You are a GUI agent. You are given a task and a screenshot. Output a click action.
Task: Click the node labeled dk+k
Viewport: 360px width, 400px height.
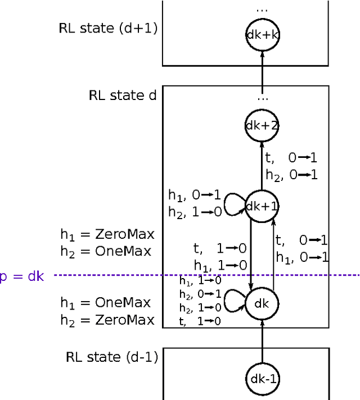pos(262,34)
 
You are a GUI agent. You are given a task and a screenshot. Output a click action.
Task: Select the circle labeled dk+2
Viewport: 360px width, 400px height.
pos(262,126)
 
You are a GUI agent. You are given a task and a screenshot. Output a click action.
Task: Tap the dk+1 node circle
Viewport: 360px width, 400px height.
pos(262,206)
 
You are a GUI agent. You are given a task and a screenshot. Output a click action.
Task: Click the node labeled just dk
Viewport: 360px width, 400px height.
pos(262,303)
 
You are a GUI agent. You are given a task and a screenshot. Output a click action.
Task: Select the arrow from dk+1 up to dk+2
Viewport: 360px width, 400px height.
pos(262,166)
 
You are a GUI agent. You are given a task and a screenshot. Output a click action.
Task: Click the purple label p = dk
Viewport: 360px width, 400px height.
pos(21,275)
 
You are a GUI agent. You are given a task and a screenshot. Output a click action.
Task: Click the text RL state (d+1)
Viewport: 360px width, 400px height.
pos(107,29)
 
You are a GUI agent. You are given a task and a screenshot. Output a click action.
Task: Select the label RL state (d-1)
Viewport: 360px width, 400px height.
pos(112,356)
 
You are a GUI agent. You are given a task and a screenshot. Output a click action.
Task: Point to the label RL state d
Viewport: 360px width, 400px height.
pos(122,95)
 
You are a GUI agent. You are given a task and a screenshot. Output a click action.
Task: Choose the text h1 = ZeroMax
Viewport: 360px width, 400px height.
pos(107,234)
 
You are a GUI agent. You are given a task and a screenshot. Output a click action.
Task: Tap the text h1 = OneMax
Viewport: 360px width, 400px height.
pos(106,303)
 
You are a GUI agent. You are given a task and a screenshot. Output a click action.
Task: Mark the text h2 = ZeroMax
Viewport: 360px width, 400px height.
pos(107,320)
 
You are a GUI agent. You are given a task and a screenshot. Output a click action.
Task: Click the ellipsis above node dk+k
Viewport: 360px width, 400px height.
pos(262,10)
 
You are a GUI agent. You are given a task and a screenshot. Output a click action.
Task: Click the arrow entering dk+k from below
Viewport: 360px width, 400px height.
pos(262,66)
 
